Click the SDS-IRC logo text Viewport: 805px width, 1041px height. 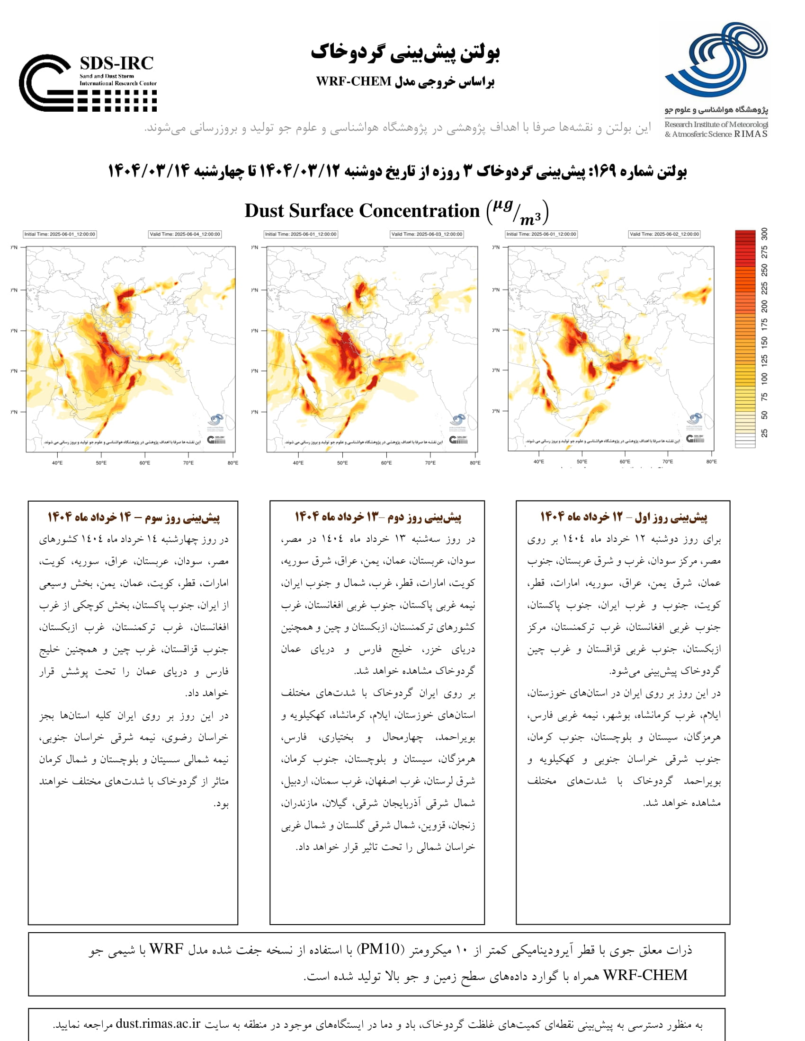[x=116, y=64]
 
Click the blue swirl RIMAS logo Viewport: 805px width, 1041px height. [x=716, y=60]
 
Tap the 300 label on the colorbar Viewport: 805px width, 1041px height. [x=764, y=234]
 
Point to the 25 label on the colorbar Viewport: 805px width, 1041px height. [x=764, y=433]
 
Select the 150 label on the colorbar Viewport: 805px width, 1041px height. [x=764, y=342]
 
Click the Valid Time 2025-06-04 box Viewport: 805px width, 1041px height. [x=185, y=234]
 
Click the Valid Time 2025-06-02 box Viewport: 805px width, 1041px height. [x=664, y=234]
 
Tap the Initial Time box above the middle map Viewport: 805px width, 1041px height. [x=301, y=234]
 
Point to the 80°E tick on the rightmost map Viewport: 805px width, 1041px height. [x=711, y=461]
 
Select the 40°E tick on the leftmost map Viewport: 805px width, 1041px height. [x=57, y=462]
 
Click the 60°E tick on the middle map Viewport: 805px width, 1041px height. [x=386, y=462]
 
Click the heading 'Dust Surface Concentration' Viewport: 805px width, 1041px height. [x=362, y=211]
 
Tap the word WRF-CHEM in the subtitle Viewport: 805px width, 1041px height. [x=353, y=81]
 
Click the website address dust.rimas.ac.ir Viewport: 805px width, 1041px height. [x=158, y=1023]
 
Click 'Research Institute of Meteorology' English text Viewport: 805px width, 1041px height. [x=716, y=124]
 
